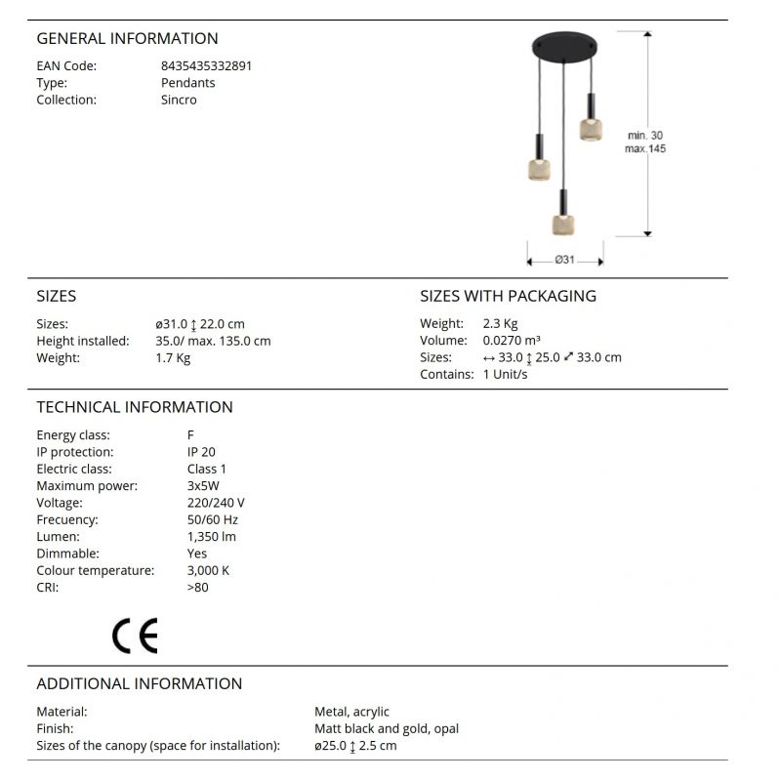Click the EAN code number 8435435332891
pos(206,66)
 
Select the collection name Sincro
pos(179,100)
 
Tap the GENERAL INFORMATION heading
pos(127,39)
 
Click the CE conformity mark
pos(135,636)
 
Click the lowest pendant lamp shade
pos(562,224)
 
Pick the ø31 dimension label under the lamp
pos(564,260)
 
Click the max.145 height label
pos(645,148)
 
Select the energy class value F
pos(190,435)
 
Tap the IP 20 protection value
pos(201,452)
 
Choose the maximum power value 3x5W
pos(204,486)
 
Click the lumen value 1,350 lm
pos(211,536)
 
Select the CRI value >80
pos(197,587)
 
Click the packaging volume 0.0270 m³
pos(512,341)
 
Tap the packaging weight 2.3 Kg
pos(500,324)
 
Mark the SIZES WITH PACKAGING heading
pos(508,296)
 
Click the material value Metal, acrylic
pos(351,712)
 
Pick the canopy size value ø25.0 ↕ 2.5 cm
pos(355,746)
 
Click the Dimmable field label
pos(67,554)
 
